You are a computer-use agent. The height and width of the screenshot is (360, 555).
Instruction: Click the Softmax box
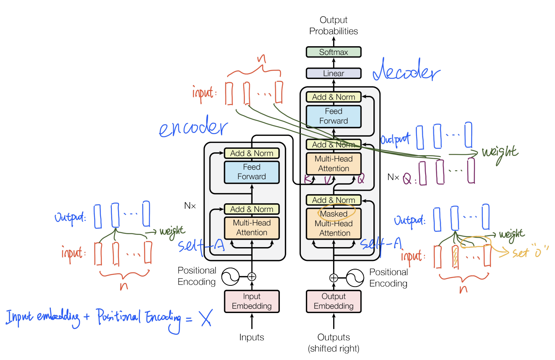(334, 52)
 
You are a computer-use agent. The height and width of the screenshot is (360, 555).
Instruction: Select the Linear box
(334, 73)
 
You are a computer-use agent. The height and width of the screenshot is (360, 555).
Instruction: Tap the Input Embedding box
(252, 302)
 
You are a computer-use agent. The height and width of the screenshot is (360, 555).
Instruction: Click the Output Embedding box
(334, 302)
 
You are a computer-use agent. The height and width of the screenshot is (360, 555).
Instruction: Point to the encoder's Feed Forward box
(252, 172)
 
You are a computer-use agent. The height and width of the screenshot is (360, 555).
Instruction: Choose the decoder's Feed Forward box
(334, 116)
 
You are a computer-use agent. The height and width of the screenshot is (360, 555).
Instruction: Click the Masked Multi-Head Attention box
(334, 223)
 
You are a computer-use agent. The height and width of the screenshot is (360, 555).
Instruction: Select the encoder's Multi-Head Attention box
(252, 228)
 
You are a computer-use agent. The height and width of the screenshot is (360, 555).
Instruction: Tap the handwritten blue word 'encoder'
(193, 127)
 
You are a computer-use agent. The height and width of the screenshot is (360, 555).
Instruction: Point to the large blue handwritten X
(206, 318)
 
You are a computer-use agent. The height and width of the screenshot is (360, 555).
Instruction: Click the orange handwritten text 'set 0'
(529, 251)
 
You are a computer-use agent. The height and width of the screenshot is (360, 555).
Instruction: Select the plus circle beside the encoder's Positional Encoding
(252, 277)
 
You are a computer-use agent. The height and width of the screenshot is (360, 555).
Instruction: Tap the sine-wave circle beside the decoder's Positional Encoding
(354, 278)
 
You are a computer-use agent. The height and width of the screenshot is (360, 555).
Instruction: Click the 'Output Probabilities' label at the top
(334, 26)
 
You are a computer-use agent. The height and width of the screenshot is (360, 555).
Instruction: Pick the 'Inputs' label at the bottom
(251, 337)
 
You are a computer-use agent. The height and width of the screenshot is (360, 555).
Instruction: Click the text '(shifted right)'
(334, 349)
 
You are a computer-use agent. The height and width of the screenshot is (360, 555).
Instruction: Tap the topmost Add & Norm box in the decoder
(334, 97)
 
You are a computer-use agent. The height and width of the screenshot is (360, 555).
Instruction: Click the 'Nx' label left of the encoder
(190, 206)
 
